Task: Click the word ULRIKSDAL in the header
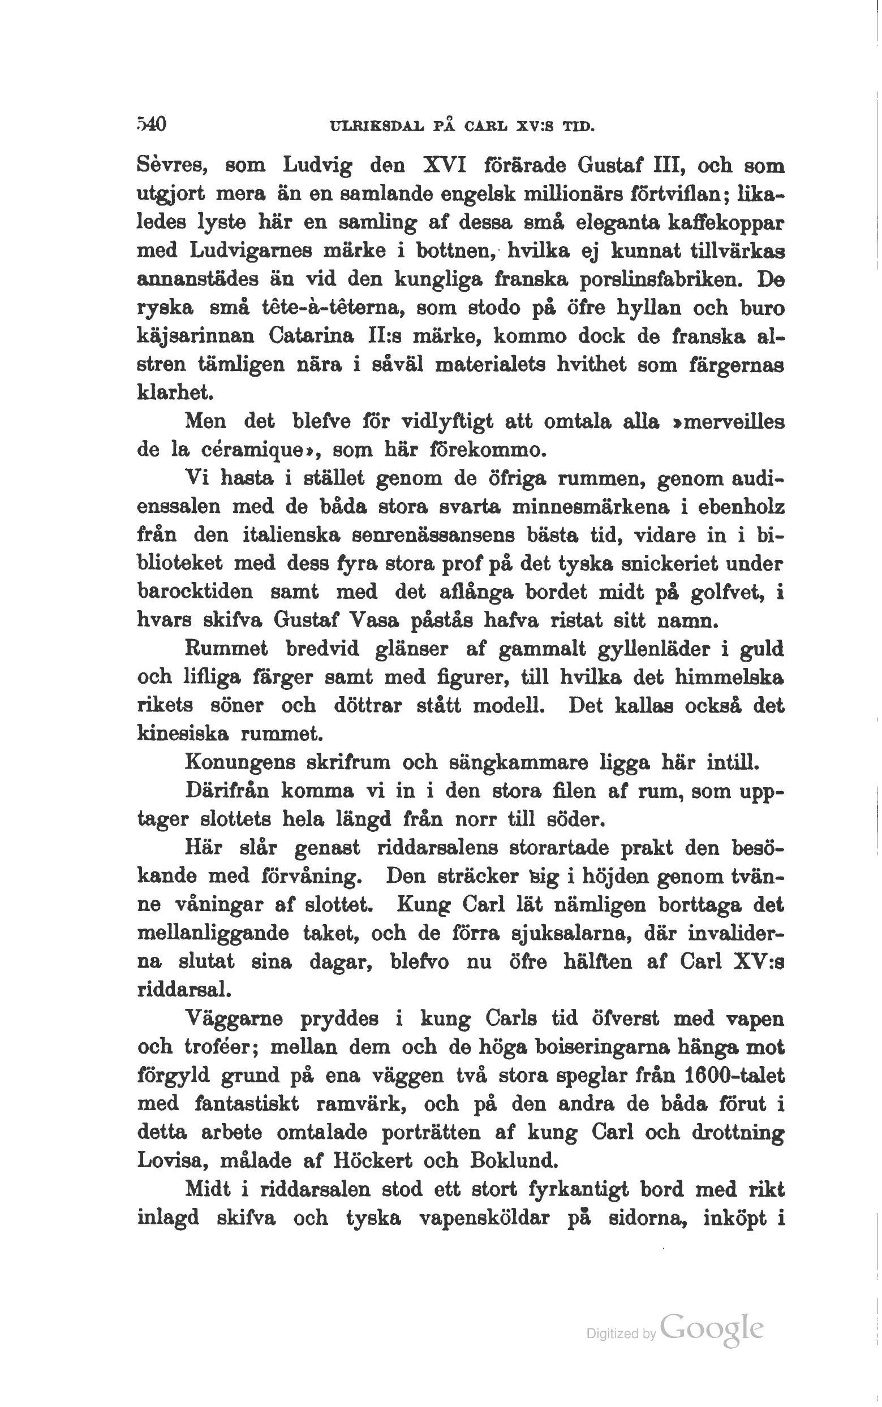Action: click(374, 126)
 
